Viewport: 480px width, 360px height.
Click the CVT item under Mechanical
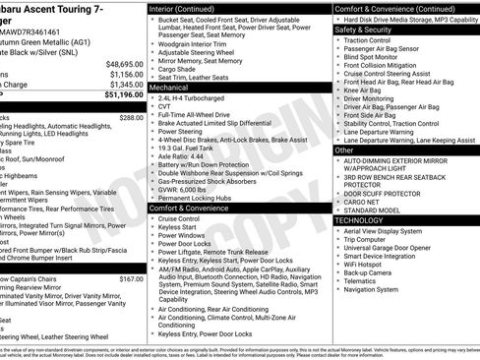tap(164, 109)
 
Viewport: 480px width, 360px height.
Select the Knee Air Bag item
tap(363, 90)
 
